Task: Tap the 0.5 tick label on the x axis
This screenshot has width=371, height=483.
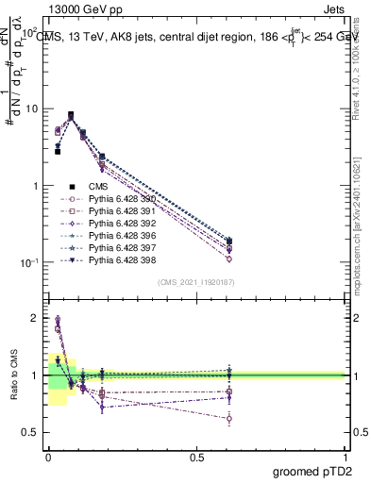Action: tap(196, 457)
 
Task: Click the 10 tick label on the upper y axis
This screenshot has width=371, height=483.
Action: tap(30, 108)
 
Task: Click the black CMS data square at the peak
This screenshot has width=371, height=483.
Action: tap(71, 115)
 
